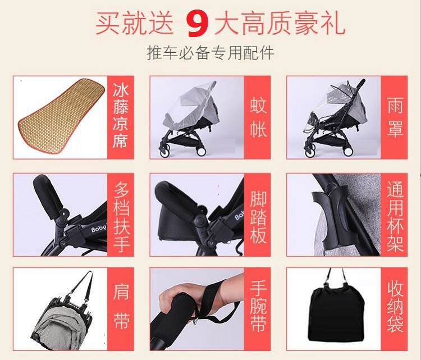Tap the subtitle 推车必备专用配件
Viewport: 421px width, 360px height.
(x=210, y=53)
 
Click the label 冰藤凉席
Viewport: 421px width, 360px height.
(x=121, y=116)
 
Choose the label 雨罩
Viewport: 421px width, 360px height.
(x=395, y=117)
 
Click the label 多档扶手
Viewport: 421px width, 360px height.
(x=121, y=217)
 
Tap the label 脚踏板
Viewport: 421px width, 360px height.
(x=258, y=217)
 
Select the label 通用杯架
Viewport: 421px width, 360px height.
(x=395, y=217)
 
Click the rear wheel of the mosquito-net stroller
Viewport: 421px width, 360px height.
(x=201, y=151)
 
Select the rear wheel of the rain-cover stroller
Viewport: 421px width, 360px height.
(x=348, y=151)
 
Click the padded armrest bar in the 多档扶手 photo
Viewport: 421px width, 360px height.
(x=48, y=193)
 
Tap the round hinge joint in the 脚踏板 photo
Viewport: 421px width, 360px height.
(x=200, y=221)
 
